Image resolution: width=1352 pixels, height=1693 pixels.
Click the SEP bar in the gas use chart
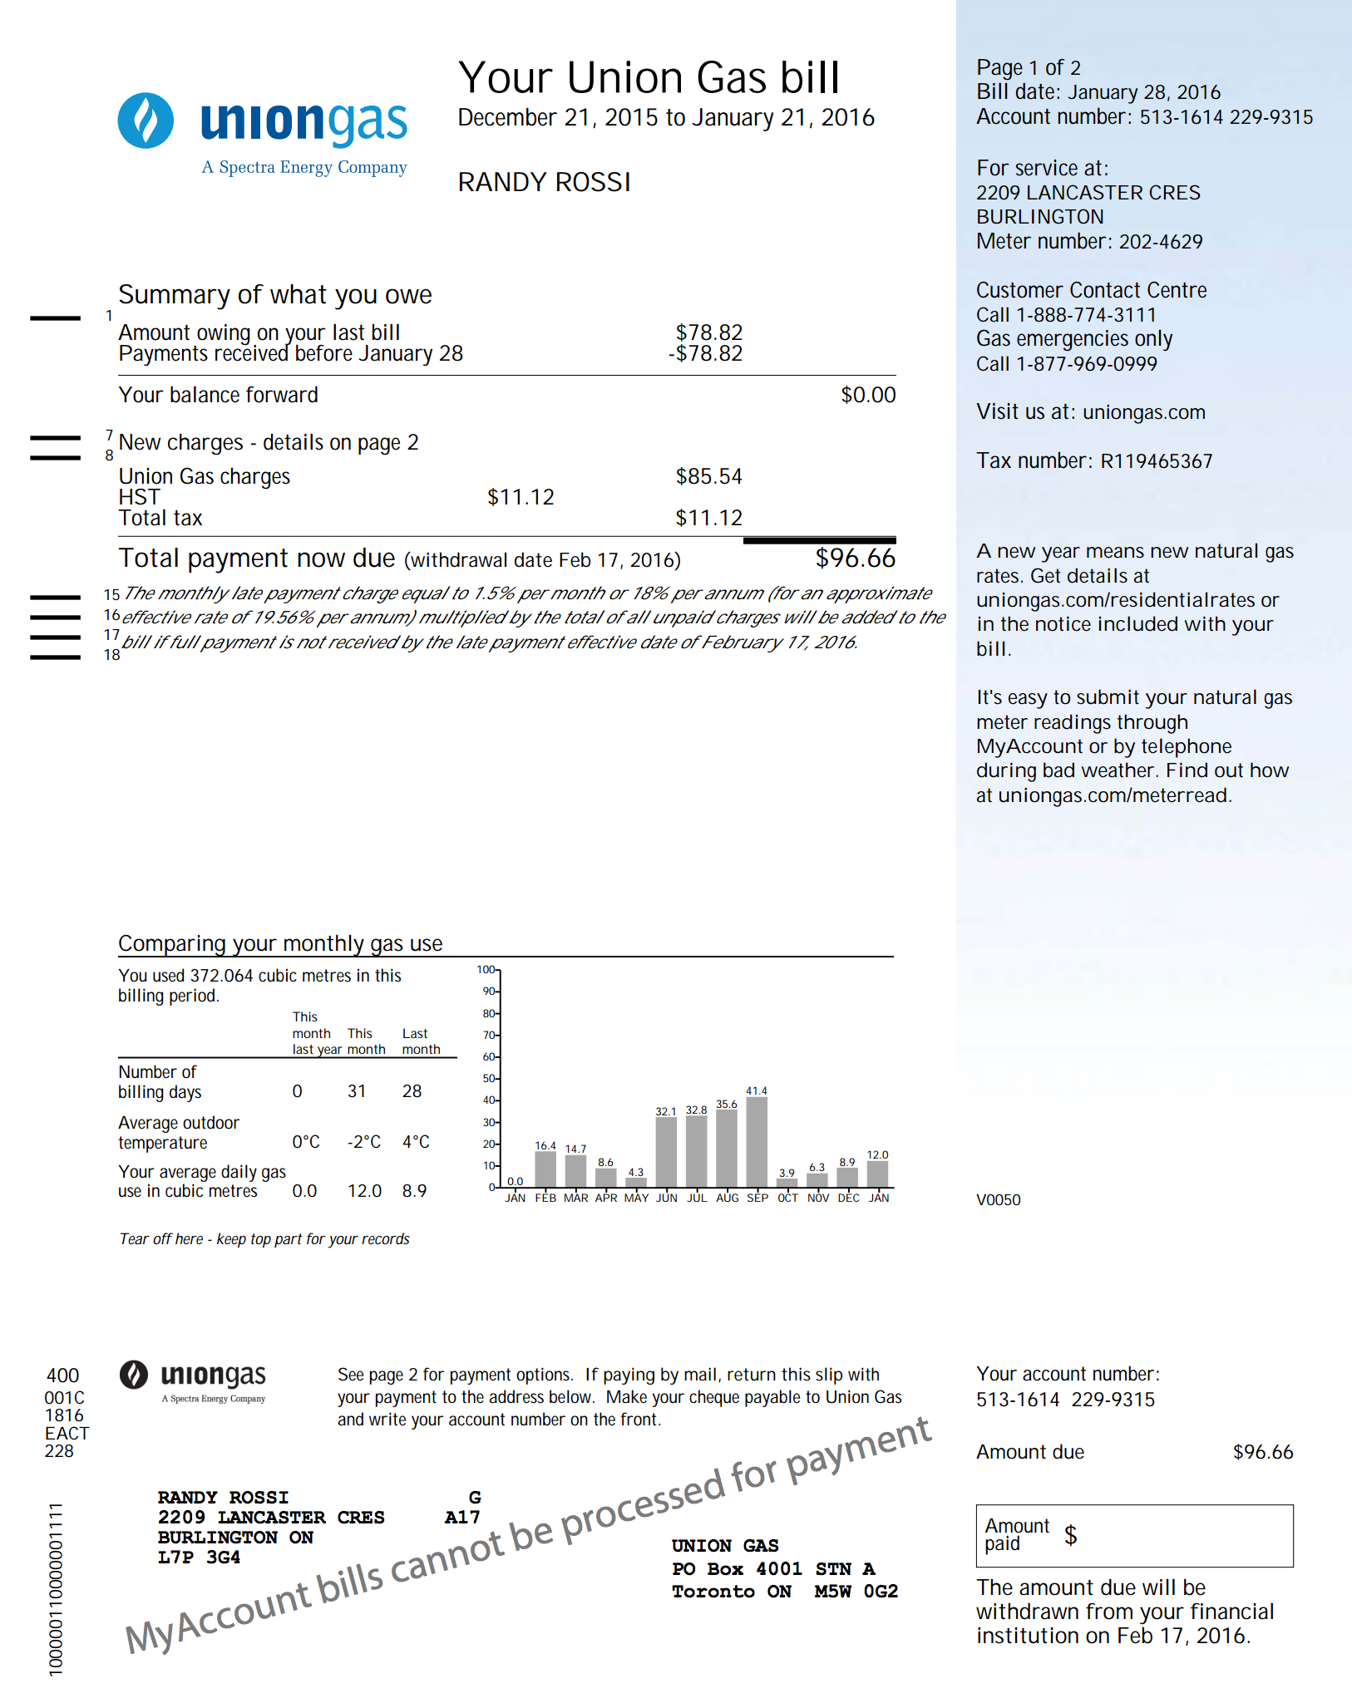[x=757, y=1141]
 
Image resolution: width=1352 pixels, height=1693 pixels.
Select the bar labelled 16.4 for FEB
[x=545, y=1169]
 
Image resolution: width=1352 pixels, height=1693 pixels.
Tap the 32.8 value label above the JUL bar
[x=696, y=1110]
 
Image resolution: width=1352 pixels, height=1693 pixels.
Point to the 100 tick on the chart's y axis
[x=486, y=970]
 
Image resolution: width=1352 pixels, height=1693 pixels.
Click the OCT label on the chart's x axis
[x=787, y=1198]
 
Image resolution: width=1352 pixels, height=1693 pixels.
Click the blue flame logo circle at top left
[x=146, y=121]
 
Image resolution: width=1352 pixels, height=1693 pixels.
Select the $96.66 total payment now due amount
[x=855, y=559]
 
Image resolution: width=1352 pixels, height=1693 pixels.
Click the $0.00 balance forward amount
[x=868, y=395]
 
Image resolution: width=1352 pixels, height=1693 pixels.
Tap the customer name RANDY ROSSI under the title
[x=544, y=182]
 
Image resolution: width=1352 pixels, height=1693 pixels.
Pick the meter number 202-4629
[x=1161, y=242]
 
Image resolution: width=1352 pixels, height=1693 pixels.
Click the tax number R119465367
[x=1157, y=461]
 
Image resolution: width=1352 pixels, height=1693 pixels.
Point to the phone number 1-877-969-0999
[x=1086, y=364]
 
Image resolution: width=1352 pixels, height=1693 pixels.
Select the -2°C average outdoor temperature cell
[x=364, y=1142]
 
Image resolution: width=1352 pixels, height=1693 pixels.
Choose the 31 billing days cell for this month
[x=357, y=1091]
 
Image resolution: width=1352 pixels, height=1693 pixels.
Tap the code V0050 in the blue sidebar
[x=998, y=1199]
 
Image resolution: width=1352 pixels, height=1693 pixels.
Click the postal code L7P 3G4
[x=200, y=1557]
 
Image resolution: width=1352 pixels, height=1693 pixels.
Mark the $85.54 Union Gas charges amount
[x=708, y=476]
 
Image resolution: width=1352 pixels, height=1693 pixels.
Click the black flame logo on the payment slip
[x=134, y=1376]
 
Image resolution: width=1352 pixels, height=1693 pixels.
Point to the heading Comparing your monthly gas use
[x=280, y=943]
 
